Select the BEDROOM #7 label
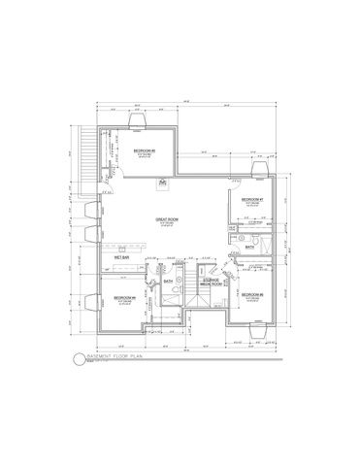[x=254, y=201]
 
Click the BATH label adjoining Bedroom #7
[x=249, y=248]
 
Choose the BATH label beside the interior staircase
[x=168, y=282]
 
